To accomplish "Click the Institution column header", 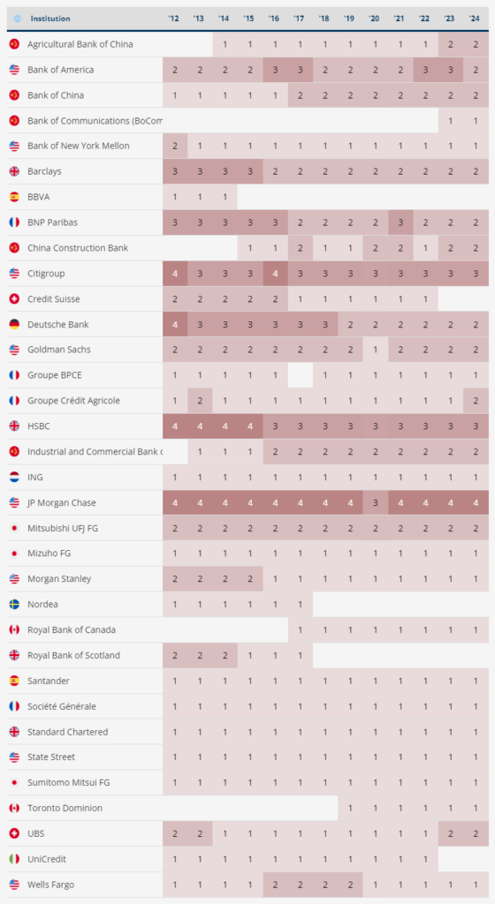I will [49, 19].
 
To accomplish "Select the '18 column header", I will [324, 19].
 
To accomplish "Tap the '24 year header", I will [476, 19].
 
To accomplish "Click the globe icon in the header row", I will [17, 19].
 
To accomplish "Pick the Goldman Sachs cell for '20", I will [375, 350].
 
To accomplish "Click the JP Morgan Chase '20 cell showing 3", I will [375, 502].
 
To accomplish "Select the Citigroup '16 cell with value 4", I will [275, 274].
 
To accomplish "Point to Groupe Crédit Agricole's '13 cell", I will [199, 401].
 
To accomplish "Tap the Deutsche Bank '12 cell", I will [174, 324].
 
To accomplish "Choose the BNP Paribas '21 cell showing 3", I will [400, 222].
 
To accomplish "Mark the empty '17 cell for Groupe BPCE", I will [300, 375].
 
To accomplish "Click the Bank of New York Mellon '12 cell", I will [174, 146].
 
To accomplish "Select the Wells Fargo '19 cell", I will [349, 885].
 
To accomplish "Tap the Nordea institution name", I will [42, 605].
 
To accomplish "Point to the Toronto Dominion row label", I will [65, 808].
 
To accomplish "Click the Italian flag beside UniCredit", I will [14, 859].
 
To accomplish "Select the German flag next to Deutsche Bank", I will [14, 324].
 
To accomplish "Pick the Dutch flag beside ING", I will [14, 477].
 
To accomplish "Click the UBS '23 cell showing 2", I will [450, 833].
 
